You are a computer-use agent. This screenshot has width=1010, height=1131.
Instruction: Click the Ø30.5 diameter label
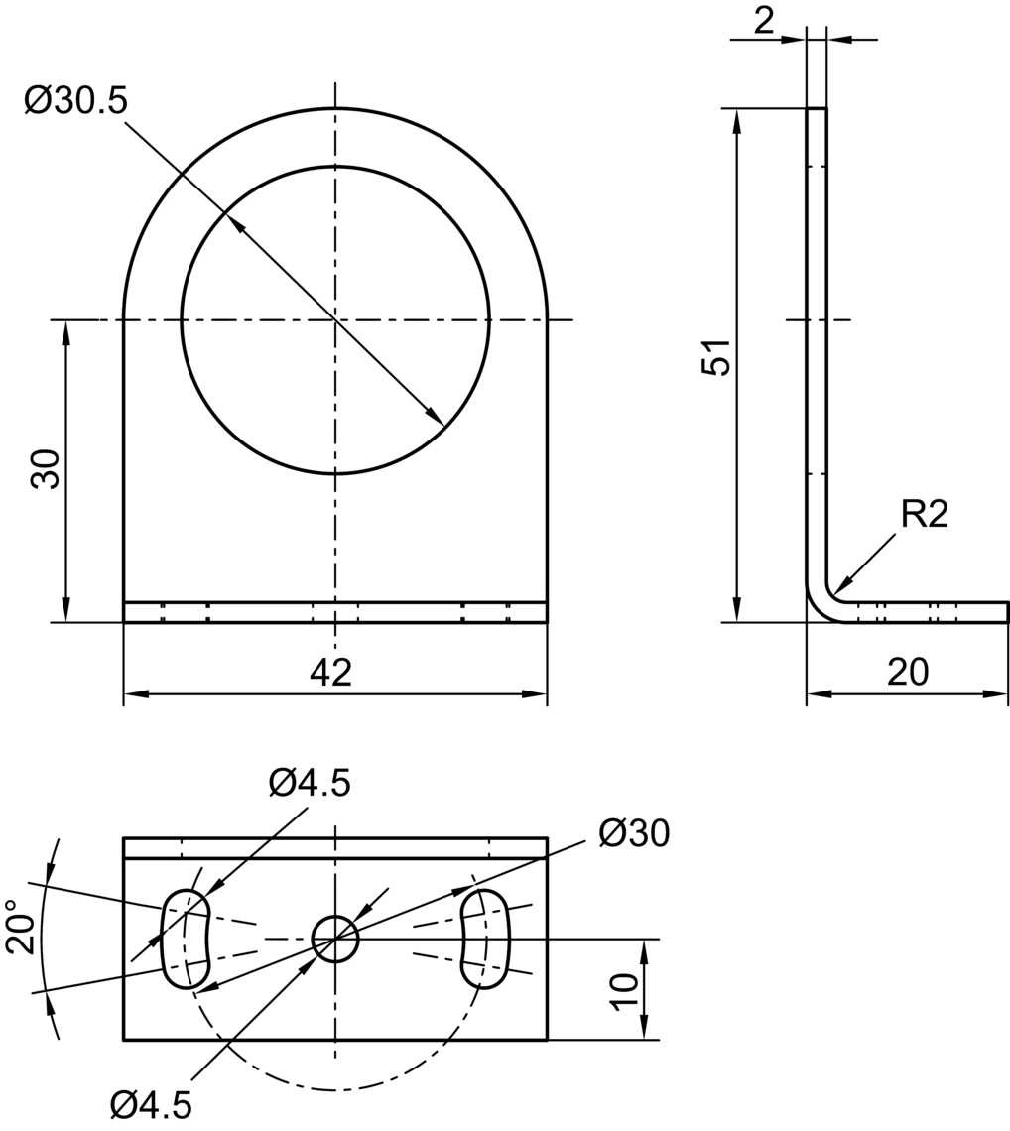pos(75,101)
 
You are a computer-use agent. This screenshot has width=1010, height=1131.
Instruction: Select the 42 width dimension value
pos(331,673)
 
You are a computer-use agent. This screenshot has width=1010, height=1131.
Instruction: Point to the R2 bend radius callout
pos(924,515)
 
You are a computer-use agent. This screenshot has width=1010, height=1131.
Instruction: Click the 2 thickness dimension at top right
pos(763,22)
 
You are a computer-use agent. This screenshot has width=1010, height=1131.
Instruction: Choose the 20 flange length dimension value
pos(908,673)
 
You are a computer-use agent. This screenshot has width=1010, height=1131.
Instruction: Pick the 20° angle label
pos(22,927)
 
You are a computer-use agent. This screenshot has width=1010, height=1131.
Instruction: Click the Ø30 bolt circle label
pos(634,833)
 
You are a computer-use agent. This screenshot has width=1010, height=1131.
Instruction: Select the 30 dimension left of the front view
pos(46,469)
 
